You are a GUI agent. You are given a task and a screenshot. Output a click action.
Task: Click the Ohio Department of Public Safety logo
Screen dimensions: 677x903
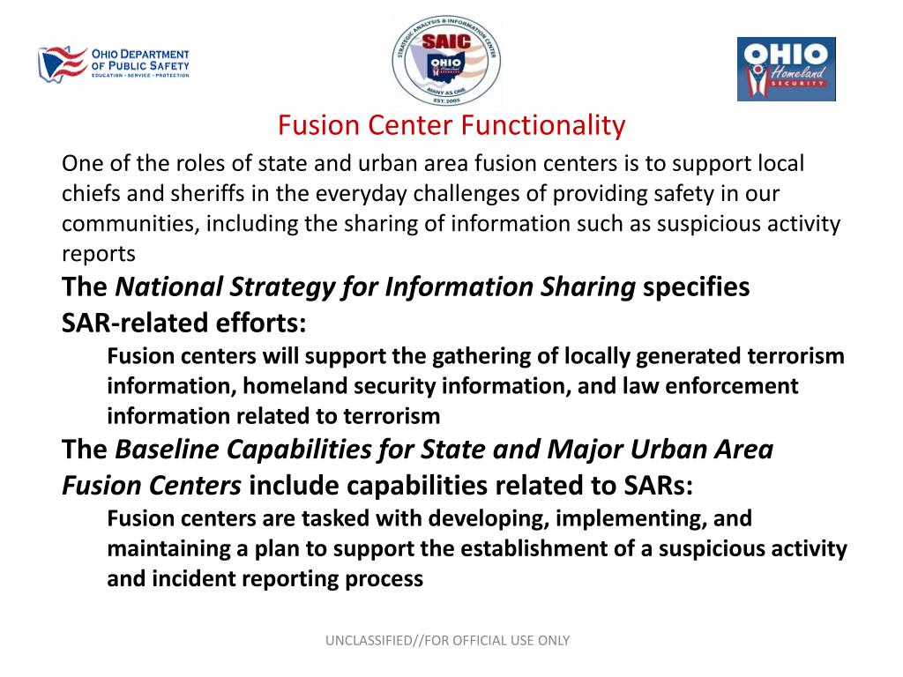(113, 64)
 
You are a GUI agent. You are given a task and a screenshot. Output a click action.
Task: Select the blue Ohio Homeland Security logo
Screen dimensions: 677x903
(786, 69)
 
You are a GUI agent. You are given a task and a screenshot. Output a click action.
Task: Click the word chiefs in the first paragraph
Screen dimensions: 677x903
(87, 194)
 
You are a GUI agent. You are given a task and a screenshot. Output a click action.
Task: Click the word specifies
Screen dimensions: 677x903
(696, 287)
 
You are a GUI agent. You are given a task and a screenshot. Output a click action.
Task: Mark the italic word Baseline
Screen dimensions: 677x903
(168, 450)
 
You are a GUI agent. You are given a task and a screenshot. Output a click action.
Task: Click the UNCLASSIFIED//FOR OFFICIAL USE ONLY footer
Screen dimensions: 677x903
(448, 641)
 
